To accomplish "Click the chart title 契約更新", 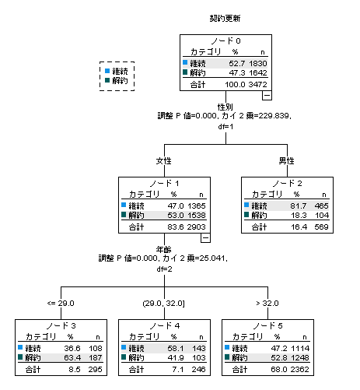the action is click(225, 19).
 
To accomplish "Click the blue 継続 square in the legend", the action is click(107, 71).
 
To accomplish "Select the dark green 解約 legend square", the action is click(107, 80).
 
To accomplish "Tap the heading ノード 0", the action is click(225, 40).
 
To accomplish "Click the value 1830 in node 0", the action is click(258, 63).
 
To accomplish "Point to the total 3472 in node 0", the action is click(258, 84).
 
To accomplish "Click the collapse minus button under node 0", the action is click(267, 95).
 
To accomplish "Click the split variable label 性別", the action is click(225, 107).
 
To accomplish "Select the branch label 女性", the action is click(164, 161).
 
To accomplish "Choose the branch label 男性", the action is click(287, 161).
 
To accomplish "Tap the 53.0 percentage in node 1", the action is click(176, 215).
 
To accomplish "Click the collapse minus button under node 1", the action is click(205, 238).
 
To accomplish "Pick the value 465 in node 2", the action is click(322, 206).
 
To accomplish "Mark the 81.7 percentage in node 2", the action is click(299, 206).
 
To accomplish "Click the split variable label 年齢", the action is click(164, 249).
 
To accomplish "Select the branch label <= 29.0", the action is click(61, 303).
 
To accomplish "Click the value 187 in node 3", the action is click(96, 357).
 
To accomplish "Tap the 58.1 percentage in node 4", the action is click(176, 348).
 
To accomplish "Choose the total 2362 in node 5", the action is click(300, 369).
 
